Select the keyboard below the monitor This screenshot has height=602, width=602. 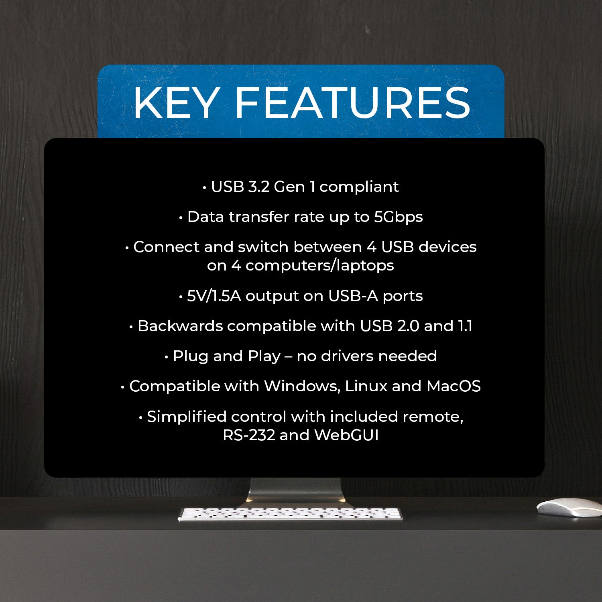point(290,513)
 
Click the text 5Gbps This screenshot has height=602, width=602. point(398,217)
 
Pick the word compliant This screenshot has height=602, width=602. point(359,187)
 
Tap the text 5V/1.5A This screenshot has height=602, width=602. point(214,296)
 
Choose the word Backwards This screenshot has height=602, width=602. point(180,326)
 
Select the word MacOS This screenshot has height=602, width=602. point(454,386)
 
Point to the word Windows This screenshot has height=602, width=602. point(302,386)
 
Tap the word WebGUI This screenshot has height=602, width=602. point(346,435)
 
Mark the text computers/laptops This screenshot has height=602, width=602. point(319,266)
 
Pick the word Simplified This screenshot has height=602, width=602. point(187,417)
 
